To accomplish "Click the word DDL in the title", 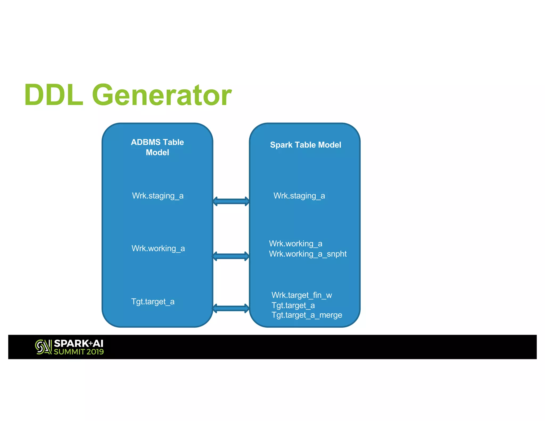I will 53,95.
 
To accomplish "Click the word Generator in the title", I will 162,95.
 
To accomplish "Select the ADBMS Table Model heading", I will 157,147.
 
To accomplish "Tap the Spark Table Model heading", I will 305,145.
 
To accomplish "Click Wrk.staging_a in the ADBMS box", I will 158,196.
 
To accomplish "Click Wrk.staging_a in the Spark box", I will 299,196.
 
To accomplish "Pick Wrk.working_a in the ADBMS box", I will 158,249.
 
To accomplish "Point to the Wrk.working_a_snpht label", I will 308,254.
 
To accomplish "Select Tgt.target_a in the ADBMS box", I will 153,302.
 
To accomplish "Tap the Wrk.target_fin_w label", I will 302,295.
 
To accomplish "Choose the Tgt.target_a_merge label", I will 307,315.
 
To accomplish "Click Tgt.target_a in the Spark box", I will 293,305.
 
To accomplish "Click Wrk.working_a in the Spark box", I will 295,243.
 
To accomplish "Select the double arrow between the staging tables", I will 231,201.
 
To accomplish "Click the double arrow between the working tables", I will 231,256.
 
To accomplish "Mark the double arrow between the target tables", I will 231,308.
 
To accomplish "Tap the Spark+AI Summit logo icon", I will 43,347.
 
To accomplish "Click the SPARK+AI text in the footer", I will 79,343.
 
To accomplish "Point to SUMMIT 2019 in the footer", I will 79,352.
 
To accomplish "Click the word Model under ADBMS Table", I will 157,152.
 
